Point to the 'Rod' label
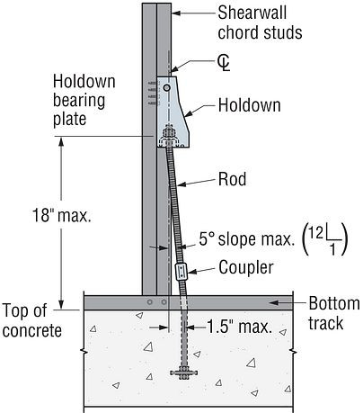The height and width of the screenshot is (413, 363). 232,179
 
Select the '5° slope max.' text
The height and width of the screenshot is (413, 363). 242,241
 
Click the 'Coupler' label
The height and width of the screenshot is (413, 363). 246,268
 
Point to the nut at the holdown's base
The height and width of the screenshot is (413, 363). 168,140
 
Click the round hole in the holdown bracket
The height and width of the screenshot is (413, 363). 164,90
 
